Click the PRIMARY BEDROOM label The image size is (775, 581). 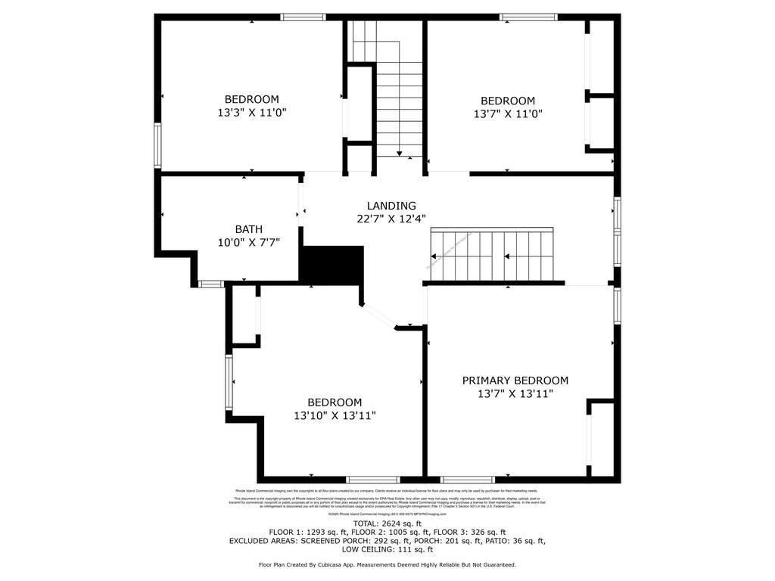point(515,381)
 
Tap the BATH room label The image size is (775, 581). point(249,229)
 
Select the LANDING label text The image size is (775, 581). point(391,206)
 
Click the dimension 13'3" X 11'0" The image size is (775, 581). point(251,113)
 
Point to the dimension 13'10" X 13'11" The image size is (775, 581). point(335,415)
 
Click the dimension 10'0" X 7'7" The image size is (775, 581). point(249,242)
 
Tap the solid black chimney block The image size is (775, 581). point(332,263)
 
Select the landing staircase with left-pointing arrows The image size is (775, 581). point(492,256)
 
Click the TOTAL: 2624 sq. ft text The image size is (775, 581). point(387,524)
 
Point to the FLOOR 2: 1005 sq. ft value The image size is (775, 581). point(400,533)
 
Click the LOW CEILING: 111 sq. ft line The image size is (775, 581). point(387,550)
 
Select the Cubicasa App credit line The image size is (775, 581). point(387,564)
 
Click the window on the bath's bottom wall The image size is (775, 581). point(211,284)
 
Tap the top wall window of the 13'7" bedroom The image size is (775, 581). point(528,17)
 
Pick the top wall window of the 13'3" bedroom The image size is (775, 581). point(303,17)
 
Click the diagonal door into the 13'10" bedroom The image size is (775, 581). point(378,315)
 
